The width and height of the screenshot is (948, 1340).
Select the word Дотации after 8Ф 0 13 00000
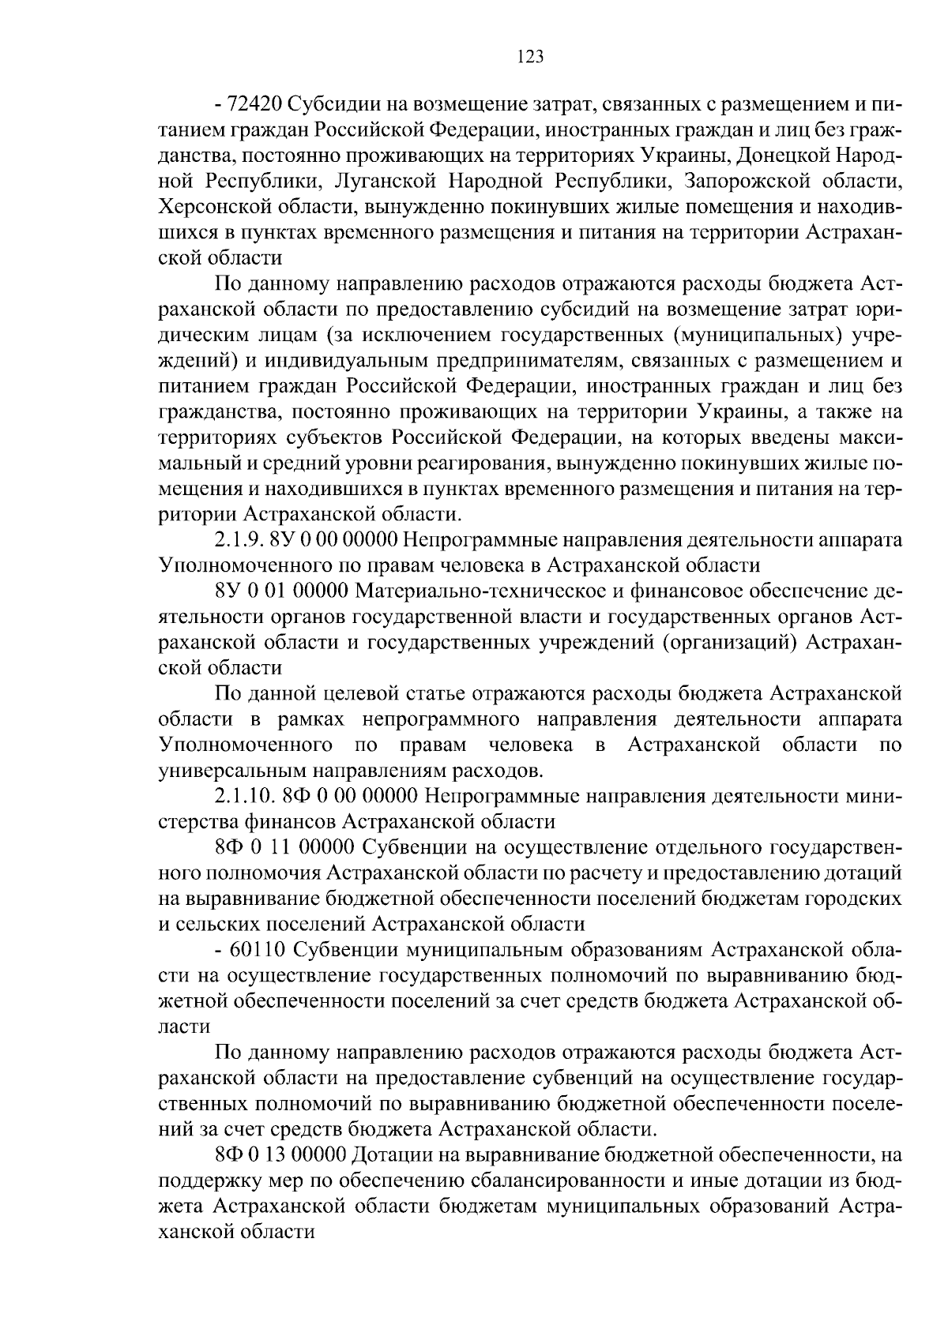pyautogui.click(x=393, y=1154)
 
